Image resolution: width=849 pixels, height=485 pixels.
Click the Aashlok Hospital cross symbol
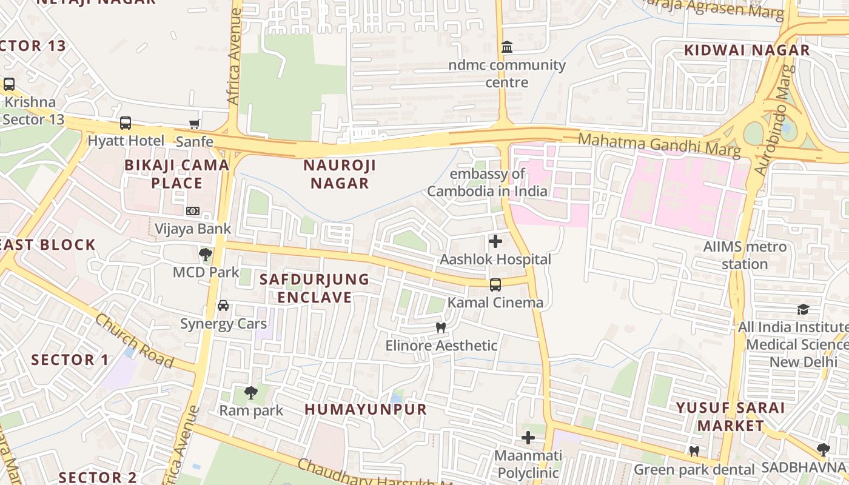(x=495, y=241)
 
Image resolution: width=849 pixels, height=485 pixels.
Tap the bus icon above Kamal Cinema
(x=495, y=284)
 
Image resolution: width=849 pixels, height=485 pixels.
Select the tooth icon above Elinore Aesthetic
(x=441, y=328)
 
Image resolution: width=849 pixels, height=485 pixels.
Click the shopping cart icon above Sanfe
(x=195, y=124)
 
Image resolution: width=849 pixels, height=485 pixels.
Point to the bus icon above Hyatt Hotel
(x=126, y=123)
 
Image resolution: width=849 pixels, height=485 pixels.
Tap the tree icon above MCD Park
(x=206, y=255)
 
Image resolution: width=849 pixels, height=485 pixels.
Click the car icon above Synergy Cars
(x=223, y=306)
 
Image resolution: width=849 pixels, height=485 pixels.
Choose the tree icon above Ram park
(x=250, y=393)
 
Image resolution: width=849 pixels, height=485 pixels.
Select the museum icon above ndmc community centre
(x=506, y=47)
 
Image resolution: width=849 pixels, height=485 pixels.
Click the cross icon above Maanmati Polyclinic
(x=528, y=437)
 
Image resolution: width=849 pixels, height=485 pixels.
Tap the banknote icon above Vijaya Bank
(x=193, y=211)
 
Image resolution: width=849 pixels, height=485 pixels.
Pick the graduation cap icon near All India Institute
(x=803, y=309)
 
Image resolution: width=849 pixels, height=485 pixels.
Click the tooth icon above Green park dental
(x=694, y=452)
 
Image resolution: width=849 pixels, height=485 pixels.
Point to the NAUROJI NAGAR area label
(x=340, y=174)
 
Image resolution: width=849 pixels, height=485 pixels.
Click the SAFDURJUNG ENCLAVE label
(x=314, y=288)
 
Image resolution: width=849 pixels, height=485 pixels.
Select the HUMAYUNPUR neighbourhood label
(x=366, y=409)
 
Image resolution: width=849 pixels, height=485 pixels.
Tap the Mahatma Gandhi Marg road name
(x=659, y=144)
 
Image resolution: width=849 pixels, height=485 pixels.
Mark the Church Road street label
(x=135, y=341)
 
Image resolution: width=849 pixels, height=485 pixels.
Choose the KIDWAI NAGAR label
(x=747, y=50)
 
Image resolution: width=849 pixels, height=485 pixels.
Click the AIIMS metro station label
(x=745, y=255)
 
